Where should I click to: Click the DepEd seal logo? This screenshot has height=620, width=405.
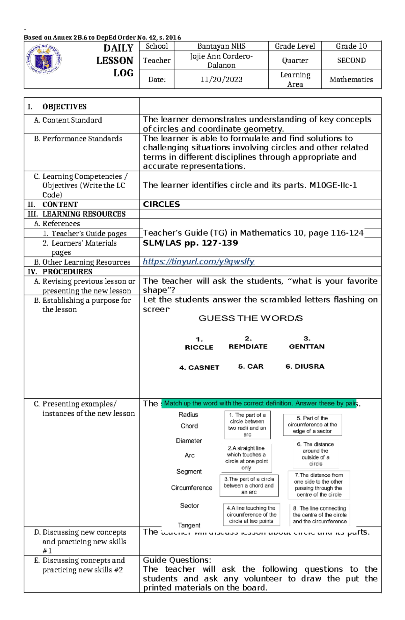coord(44,59)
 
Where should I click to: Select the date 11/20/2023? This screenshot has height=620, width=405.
coord(221,79)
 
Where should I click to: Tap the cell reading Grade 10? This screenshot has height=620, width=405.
coord(351,46)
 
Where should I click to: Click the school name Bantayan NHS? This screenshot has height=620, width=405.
coord(221,46)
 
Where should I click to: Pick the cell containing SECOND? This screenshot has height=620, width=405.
coord(351,60)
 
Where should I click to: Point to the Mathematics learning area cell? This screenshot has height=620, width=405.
coord(351,79)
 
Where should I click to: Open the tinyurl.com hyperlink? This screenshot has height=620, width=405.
coord(198,262)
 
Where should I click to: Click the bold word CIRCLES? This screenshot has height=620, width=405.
coord(161,204)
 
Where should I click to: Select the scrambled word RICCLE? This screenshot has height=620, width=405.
coord(199,347)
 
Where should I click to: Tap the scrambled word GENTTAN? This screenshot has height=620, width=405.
coord(306,346)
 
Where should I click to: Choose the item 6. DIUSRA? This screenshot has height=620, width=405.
coord(305,366)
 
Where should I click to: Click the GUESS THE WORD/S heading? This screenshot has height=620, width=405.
coord(250,318)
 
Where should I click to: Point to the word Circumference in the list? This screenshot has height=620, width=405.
coord(191,488)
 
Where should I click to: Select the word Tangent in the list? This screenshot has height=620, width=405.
coord(189,525)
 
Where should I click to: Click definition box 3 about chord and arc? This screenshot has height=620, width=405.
coord(249,486)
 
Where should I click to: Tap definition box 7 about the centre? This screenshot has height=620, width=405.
coord(319,485)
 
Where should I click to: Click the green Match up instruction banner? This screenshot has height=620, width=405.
coord(259,403)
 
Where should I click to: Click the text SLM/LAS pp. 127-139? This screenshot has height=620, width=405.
coord(190,243)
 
